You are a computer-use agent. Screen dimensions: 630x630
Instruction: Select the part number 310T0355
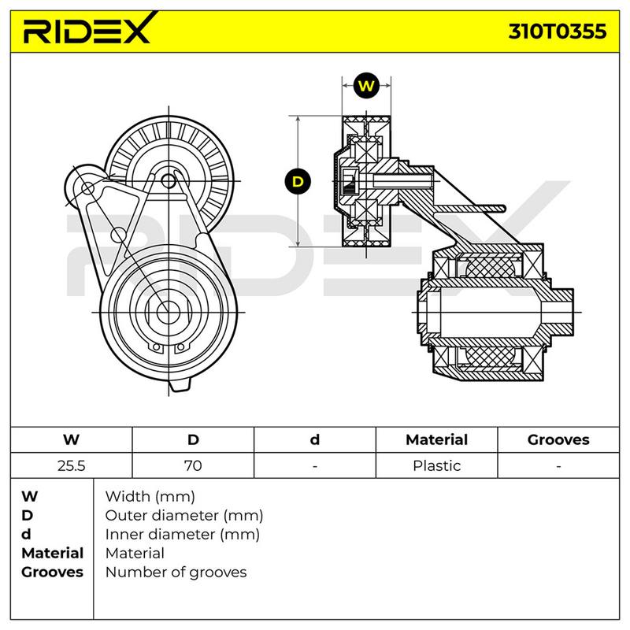tap(558, 31)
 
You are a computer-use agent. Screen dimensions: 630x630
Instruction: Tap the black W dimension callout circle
tap(366, 86)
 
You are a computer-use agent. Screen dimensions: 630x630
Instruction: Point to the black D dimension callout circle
tap(298, 182)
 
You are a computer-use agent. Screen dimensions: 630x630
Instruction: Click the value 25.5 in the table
tap(71, 465)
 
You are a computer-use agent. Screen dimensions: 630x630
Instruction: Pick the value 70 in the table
tap(193, 465)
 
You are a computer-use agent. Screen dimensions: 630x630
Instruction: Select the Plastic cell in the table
tap(437, 465)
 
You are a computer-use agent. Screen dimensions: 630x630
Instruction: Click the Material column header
tap(437, 439)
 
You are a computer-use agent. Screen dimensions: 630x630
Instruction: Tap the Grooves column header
tap(558, 439)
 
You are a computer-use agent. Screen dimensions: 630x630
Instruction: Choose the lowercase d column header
tap(314, 439)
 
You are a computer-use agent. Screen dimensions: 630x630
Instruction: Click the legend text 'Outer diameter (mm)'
tap(184, 515)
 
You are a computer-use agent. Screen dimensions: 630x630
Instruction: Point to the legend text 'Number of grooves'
tap(176, 573)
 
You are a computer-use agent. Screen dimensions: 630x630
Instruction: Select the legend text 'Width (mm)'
tap(150, 497)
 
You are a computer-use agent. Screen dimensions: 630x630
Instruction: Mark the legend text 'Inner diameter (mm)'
tap(183, 535)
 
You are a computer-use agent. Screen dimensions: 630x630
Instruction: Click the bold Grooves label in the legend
tap(52, 573)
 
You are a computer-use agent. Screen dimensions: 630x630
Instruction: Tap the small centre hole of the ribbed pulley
tap(169, 181)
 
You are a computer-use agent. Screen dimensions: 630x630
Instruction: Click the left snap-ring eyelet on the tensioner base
tap(156, 347)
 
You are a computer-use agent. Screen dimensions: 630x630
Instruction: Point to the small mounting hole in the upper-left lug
tap(87, 187)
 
